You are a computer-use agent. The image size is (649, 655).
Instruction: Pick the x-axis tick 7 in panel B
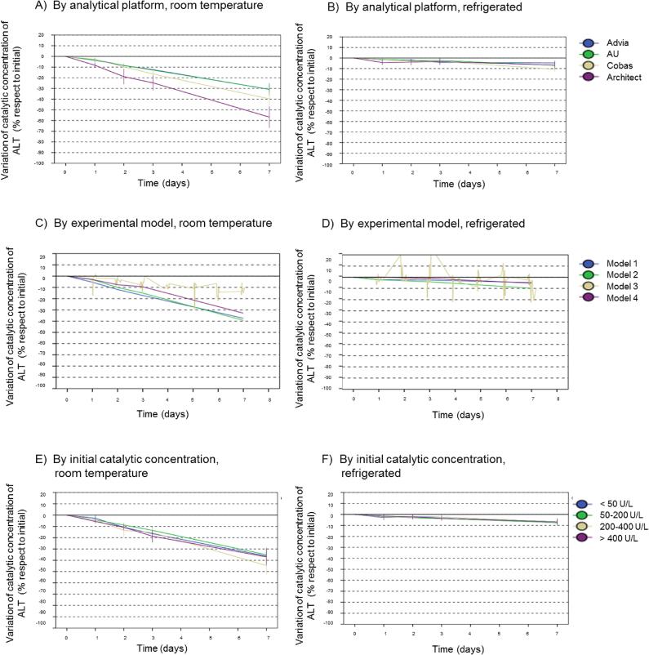pyautogui.click(x=554, y=174)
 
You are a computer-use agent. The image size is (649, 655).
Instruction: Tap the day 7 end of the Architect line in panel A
pyautogui.click(x=269, y=118)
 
